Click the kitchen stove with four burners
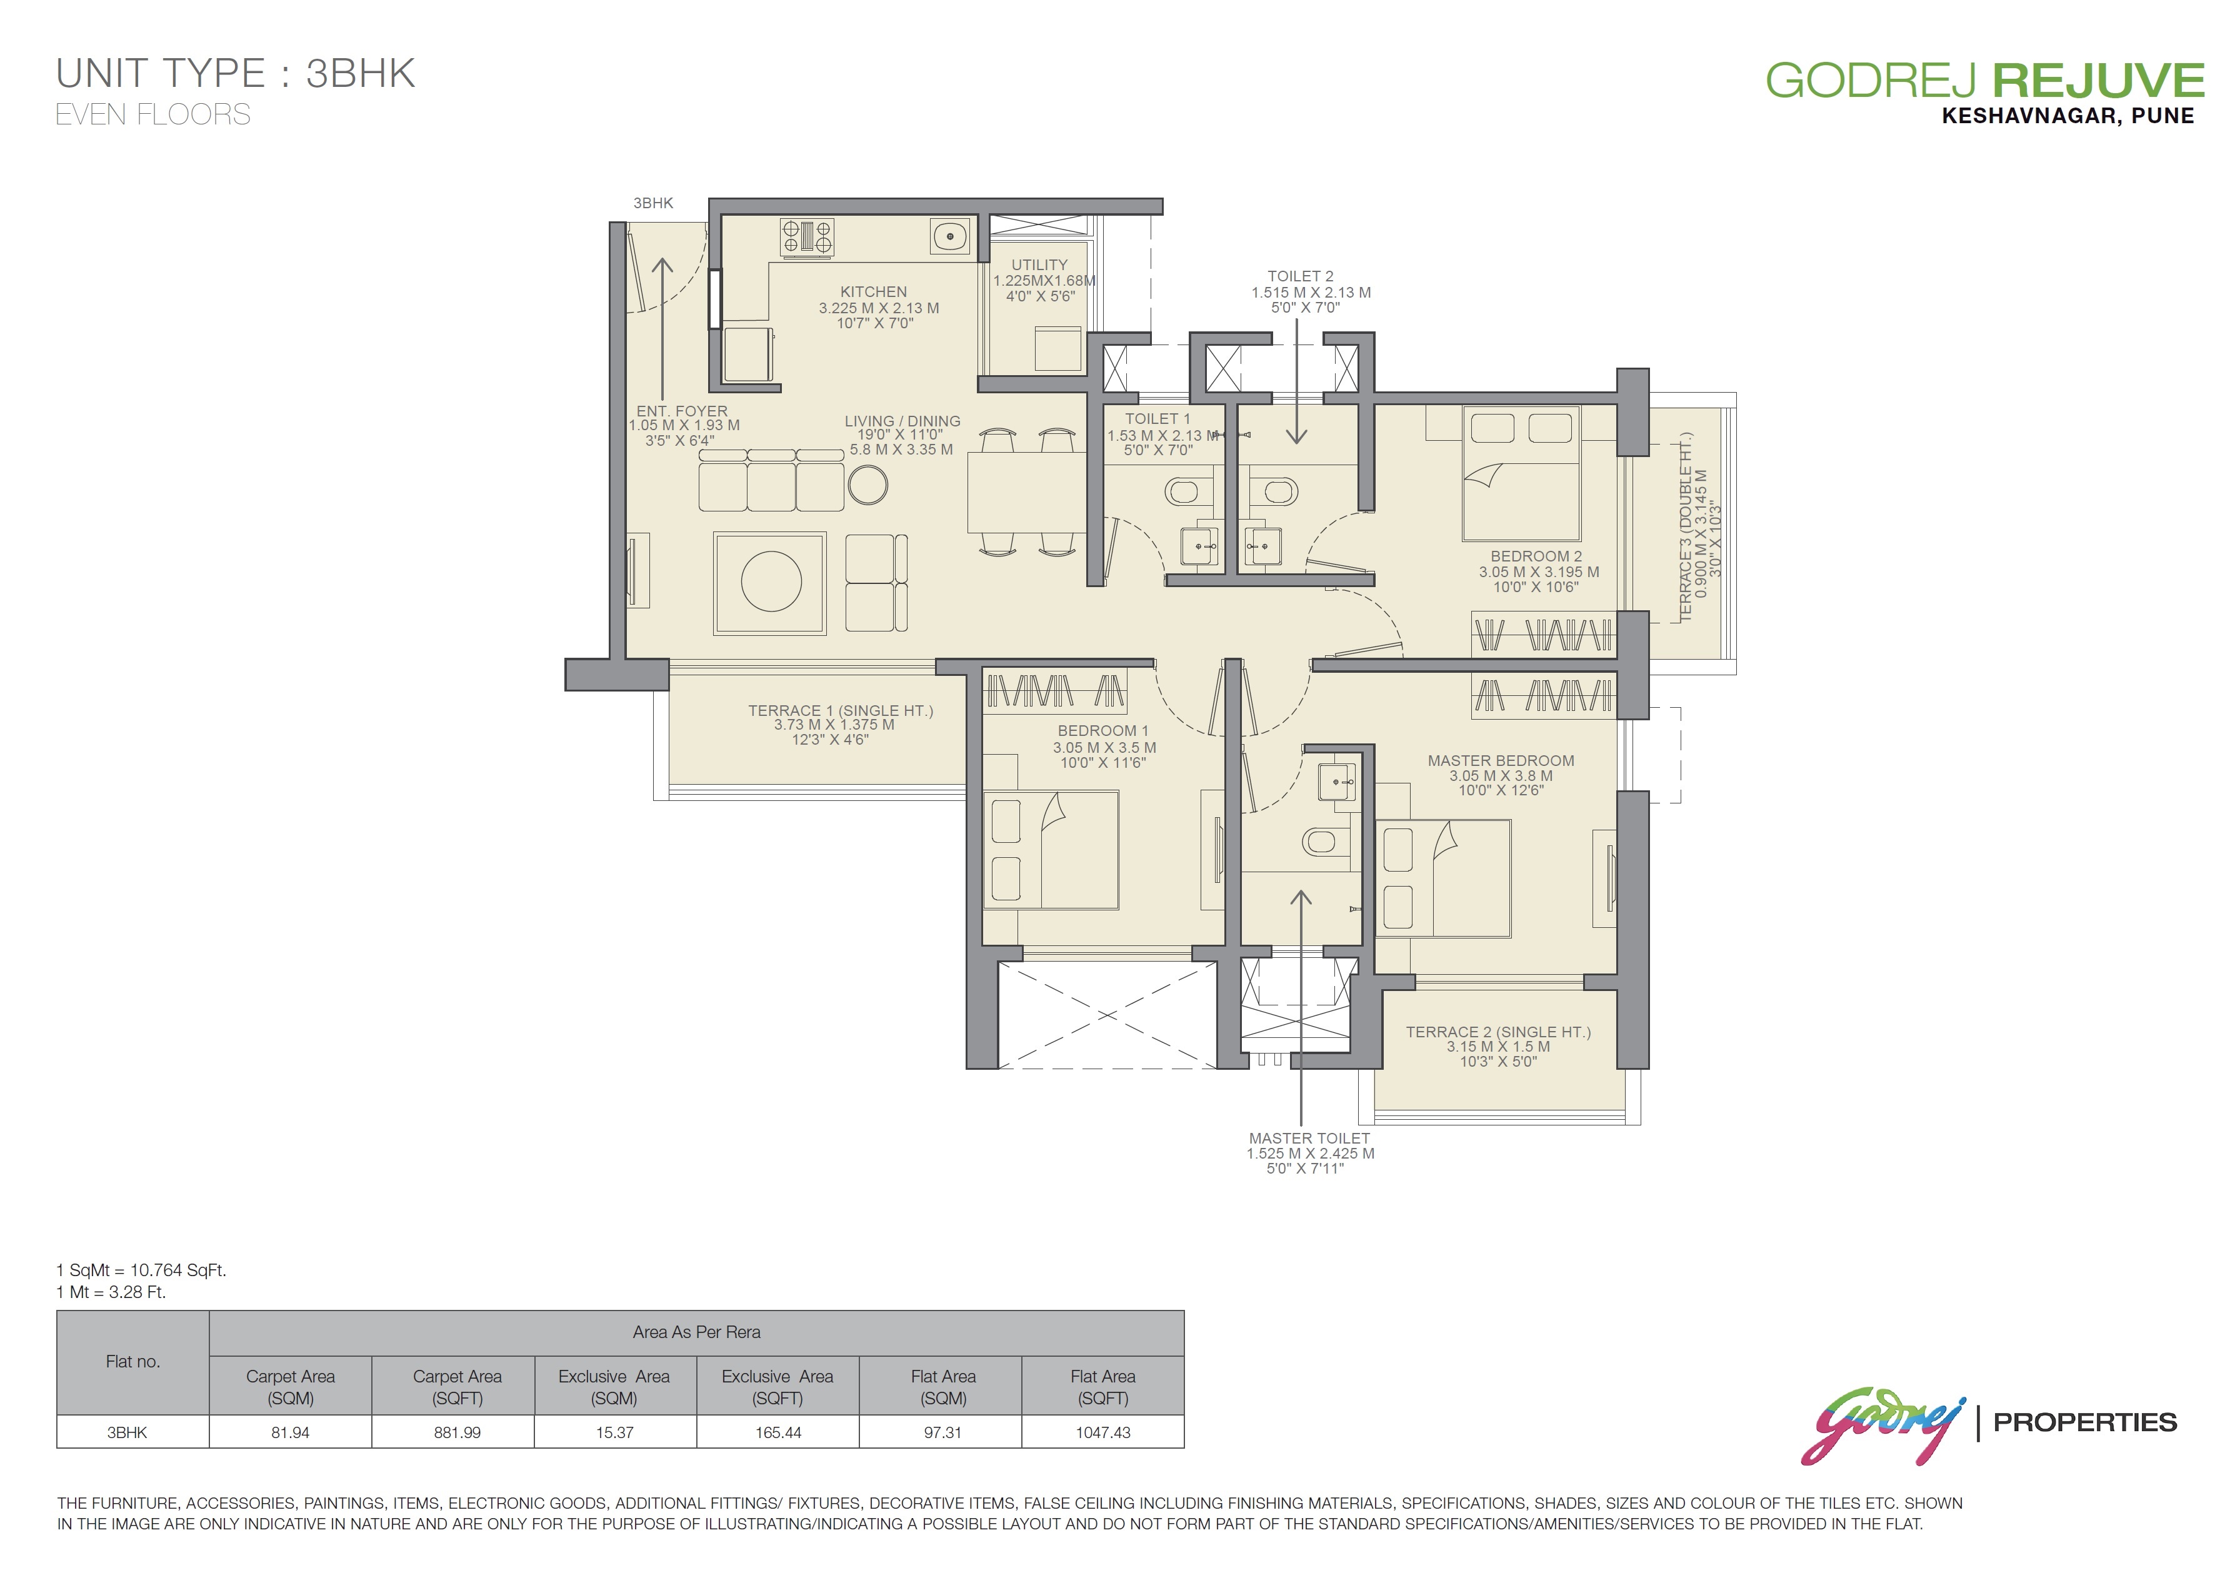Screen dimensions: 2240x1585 click(x=807, y=237)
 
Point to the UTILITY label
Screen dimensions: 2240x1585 click(x=1039, y=264)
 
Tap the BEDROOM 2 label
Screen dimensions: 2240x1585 click(x=1537, y=556)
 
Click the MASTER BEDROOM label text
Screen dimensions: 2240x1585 click(x=1501, y=760)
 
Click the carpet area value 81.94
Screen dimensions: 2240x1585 click(x=290, y=1432)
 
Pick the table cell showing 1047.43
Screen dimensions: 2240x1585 click(x=1102, y=1432)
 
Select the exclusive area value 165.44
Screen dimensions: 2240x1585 click(x=777, y=1432)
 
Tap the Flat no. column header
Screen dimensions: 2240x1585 click(x=132, y=1362)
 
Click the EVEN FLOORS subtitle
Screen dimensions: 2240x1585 click(x=153, y=114)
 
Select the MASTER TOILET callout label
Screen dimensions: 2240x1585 click(x=1309, y=1138)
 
